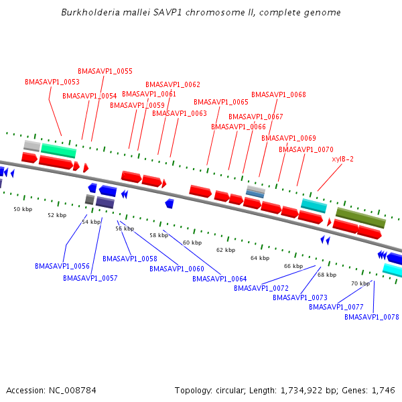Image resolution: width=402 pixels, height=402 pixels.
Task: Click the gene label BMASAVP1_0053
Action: point(52,82)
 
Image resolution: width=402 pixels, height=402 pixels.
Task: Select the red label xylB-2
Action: point(342,159)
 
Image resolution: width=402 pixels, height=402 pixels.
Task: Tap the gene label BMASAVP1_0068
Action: point(278,94)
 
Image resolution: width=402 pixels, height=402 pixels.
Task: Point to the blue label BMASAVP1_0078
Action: point(371,317)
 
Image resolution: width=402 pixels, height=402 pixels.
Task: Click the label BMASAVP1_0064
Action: point(220,279)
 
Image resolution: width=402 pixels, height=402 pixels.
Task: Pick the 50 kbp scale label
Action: point(23,209)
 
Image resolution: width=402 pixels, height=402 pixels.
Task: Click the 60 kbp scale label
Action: point(192,243)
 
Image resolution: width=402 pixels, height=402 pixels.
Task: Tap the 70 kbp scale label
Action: point(360,283)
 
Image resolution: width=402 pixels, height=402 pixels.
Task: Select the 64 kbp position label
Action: point(259,258)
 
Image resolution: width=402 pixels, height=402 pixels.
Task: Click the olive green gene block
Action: point(360,217)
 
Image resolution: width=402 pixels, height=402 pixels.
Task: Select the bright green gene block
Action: point(58,150)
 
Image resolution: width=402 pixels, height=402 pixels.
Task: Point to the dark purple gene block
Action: point(105,202)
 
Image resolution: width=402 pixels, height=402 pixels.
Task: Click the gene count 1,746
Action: point(383,390)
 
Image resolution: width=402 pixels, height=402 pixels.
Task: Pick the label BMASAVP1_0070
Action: point(306,149)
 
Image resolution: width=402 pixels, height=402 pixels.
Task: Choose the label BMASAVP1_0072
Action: point(261,288)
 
